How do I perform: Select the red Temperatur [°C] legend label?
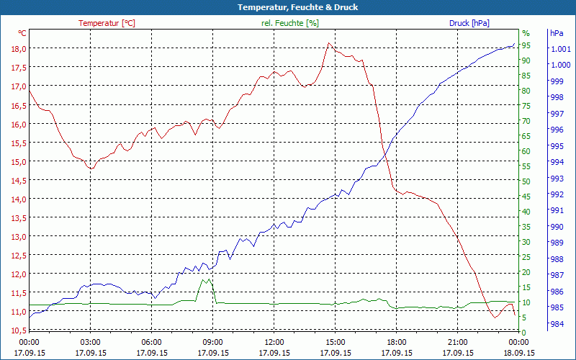(107, 23)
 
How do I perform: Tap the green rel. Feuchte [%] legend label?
(290, 23)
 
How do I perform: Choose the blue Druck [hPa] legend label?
(469, 23)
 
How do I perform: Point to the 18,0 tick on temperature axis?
(18, 49)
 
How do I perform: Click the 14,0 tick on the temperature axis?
(18, 199)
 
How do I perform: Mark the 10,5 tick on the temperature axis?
(18, 330)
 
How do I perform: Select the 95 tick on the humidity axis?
(526, 45)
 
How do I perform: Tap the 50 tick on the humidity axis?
(526, 181)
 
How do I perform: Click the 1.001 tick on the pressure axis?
(560, 49)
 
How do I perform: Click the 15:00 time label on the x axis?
(336, 343)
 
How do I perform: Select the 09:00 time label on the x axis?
(212, 343)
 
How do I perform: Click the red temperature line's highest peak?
(329, 43)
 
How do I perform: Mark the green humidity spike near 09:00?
(207, 280)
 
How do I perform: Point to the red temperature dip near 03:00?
(91, 168)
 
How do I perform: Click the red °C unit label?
(22, 33)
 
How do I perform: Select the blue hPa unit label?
(557, 33)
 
